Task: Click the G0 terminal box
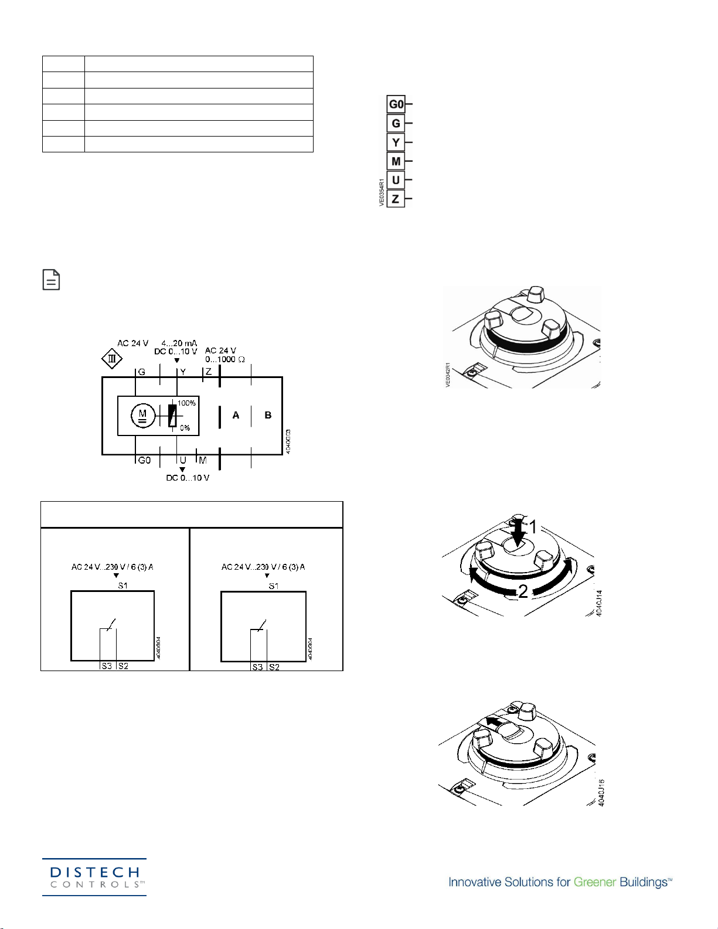tap(396, 104)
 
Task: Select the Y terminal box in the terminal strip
tap(396, 142)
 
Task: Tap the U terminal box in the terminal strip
tap(396, 180)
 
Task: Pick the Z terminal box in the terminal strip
tap(396, 199)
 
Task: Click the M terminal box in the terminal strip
tap(396, 161)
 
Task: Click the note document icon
tap(52, 280)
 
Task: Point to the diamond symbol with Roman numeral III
tap(112, 359)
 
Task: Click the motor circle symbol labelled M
tap(142, 416)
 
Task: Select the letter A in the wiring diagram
tap(236, 415)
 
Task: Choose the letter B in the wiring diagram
tap(268, 415)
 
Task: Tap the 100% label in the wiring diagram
tap(186, 403)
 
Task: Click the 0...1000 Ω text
tap(225, 359)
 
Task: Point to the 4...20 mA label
tap(179, 343)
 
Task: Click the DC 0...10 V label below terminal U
tap(188, 478)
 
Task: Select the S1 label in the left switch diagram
tap(122, 586)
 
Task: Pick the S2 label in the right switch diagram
tap(274, 667)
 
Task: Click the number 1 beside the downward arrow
tap(533, 528)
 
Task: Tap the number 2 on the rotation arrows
tap(523, 591)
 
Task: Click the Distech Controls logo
tap(94, 877)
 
